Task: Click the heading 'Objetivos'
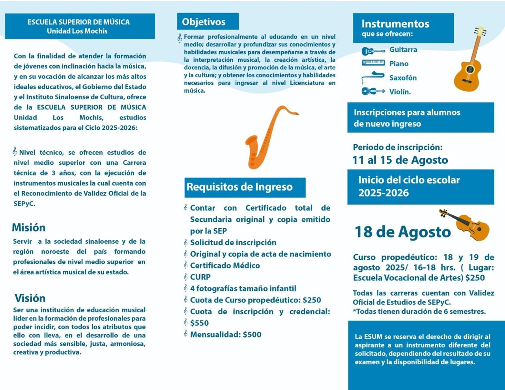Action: [x=204, y=22]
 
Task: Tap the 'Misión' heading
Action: [x=28, y=228]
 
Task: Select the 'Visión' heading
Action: [x=30, y=298]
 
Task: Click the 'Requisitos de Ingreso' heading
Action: [x=239, y=187]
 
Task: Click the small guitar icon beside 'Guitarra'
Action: [x=373, y=51]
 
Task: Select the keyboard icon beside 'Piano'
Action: [x=373, y=63]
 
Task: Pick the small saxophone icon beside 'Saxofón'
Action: [x=373, y=77]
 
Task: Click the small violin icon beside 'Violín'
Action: [x=373, y=91]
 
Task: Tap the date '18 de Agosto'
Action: [x=402, y=232]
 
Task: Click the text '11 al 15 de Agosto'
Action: [x=400, y=160]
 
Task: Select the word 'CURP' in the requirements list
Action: [x=200, y=277]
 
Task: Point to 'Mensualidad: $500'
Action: [x=226, y=334]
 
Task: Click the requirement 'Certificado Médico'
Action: [x=225, y=265]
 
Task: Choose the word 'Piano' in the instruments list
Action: [x=399, y=63]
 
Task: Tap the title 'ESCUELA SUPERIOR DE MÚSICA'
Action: [x=79, y=22]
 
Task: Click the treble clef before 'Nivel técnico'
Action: [x=15, y=151]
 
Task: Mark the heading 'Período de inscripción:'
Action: [x=398, y=147]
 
